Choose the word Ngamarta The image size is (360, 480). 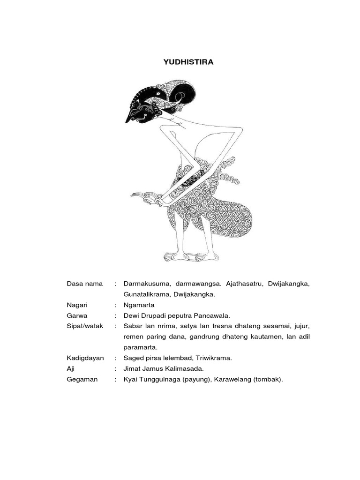point(139,305)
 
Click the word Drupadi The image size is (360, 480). point(156,315)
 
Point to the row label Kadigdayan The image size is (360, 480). point(85,358)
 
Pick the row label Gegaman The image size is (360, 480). point(82,379)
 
